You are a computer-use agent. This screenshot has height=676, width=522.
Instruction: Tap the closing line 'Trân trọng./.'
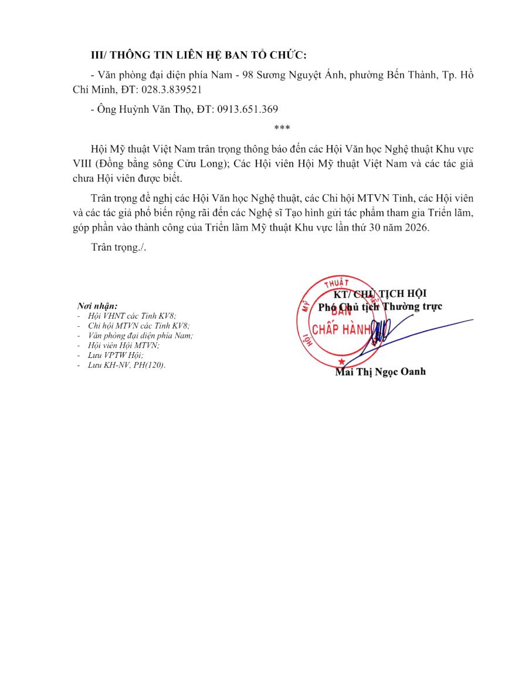click(x=119, y=248)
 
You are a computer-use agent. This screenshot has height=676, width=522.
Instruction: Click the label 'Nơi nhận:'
click(x=97, y=306)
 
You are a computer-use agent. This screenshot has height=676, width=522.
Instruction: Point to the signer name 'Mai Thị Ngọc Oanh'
click(x=380, y=371)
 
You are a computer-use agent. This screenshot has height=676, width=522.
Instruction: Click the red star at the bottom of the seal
click(x=342, y=362)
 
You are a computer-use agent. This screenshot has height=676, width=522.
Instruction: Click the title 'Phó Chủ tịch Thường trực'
click(x=380, y=306)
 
